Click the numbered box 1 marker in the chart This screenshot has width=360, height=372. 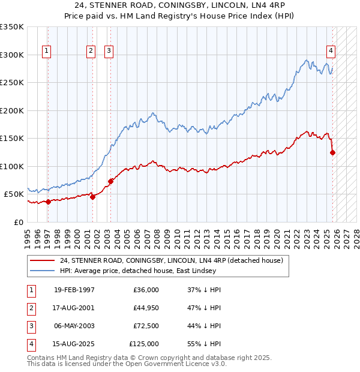[x=47, y=51]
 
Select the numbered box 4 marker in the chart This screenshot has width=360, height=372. [x=331, y=51]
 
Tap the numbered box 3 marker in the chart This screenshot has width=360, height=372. [x=109, y=51]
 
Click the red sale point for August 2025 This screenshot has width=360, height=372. [x=332, y=152]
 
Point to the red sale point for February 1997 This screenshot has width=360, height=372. [x=48, y=202]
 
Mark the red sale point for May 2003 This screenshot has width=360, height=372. [x=110, y=181]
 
